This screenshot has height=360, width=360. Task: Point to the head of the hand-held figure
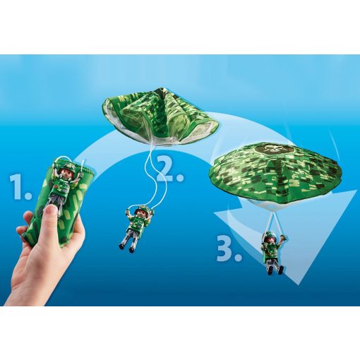pyautogui.click(x=63, y=169)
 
